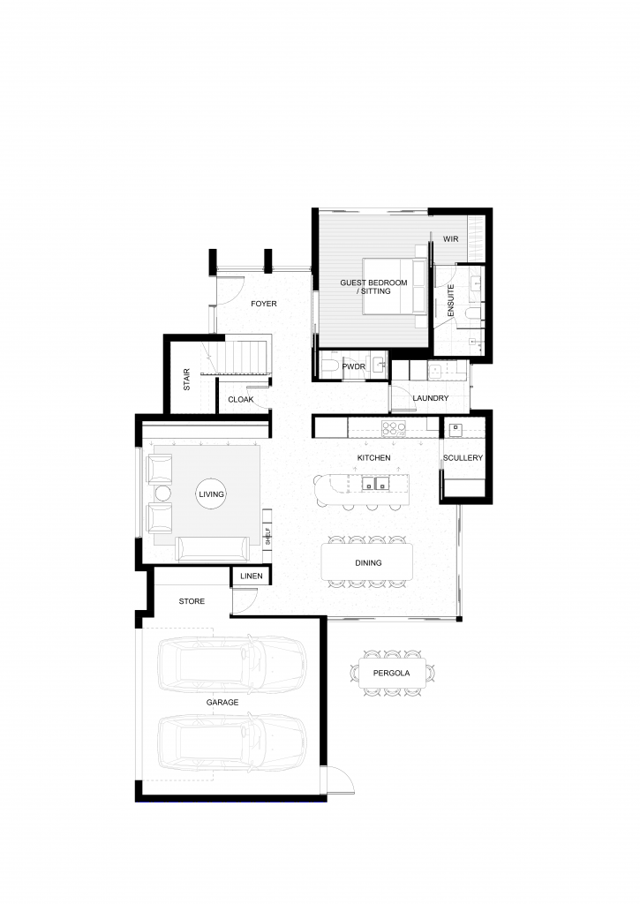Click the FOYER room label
click(263, 304)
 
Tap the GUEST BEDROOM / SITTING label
click(373, 287)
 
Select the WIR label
click(451, 238)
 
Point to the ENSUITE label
click(451, 300)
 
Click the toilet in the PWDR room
click(331, 365)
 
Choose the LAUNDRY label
click(430, 398)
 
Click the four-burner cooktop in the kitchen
click(393, 428)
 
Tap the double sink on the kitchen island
click(375, 483)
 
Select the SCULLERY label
click(463, 458)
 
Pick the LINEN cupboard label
click(252, 576)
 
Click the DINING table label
click(368, 562)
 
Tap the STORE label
click(192, 600)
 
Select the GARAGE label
click(222, 702)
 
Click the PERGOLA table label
click(391, 673)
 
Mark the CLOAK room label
click(240, 400)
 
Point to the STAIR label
click(187, 380)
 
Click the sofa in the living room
click(213, 549)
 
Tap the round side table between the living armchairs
click(162, 494)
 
